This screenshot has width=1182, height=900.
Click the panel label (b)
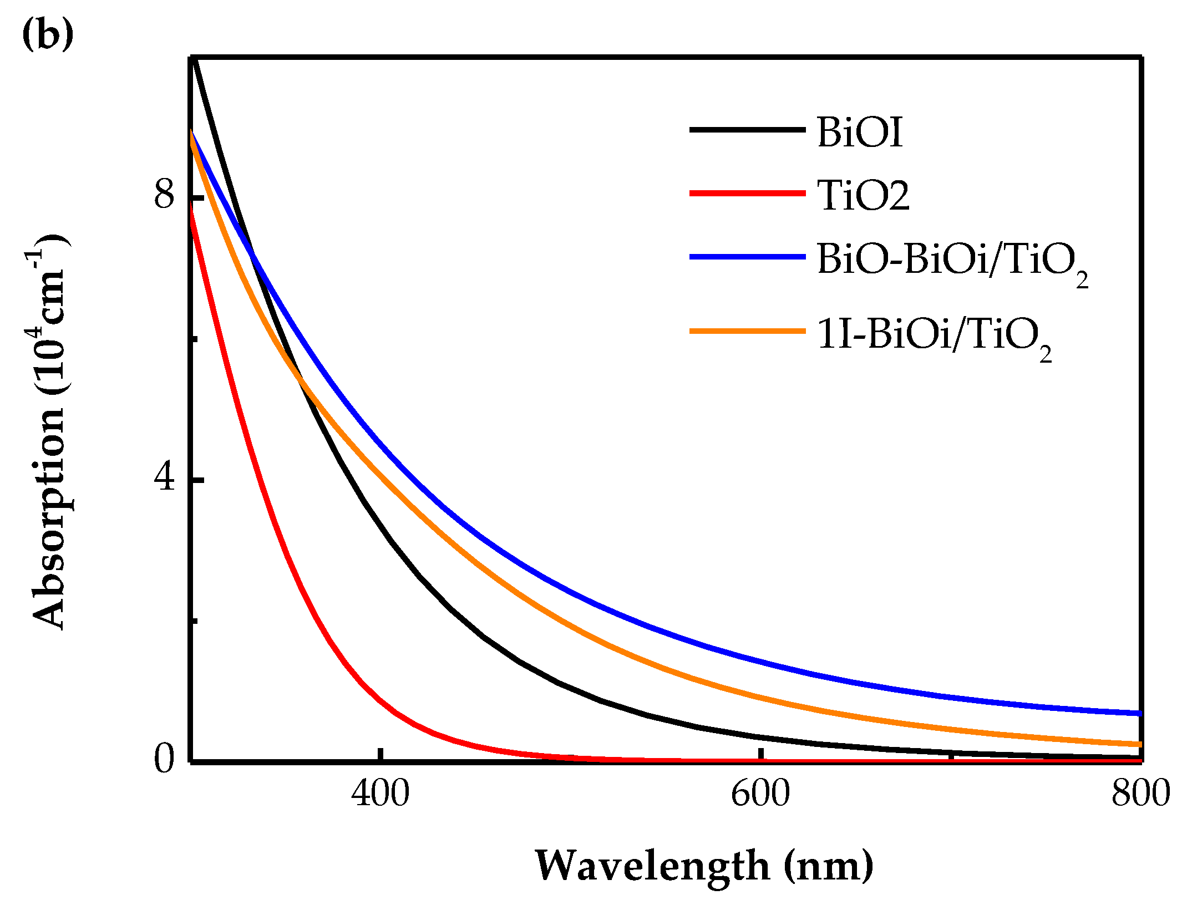[48, 34]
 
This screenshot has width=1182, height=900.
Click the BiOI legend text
[860, 133]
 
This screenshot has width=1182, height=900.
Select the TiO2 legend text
[864, 196]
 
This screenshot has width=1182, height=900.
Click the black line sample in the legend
[747, 130]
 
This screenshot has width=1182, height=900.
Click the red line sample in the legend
[747, 193]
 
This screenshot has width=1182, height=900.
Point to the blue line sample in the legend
[747, 257]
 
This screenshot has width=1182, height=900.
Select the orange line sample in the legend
[747, 331]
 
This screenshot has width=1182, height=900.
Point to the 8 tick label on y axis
[164, 195]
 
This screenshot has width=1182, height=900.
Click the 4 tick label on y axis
[164, 477]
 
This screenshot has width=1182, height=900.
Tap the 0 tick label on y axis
[164, 759]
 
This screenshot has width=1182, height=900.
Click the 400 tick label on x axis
[380, 794]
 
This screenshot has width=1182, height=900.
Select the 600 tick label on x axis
[760, 794]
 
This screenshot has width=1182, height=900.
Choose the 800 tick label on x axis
[1140, 794]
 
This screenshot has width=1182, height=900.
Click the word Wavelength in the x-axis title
[652, 866]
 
